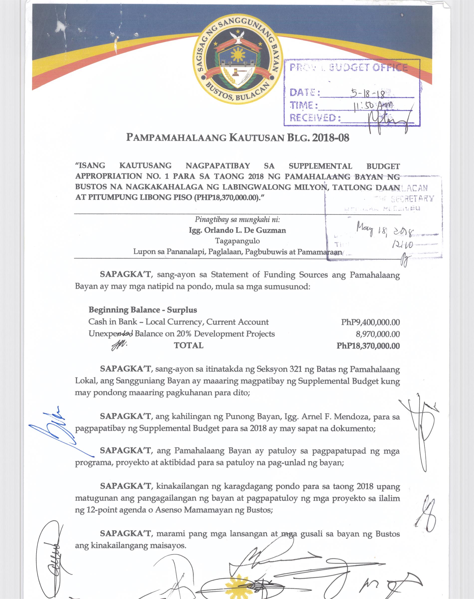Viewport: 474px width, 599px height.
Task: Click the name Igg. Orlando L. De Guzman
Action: (x=237, y=230)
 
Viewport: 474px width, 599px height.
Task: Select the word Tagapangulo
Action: (x=237, y=241)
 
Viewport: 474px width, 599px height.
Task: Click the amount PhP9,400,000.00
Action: (x=370, y=322)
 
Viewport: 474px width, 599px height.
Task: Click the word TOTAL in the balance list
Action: (x=188, y=346)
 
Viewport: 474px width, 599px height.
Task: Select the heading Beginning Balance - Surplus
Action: (x=143, y=310)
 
